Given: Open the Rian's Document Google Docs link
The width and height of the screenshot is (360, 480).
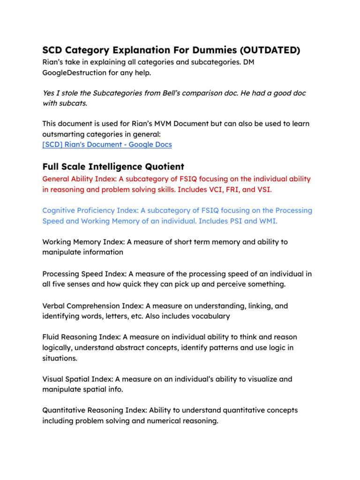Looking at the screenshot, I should coord(107,144).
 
